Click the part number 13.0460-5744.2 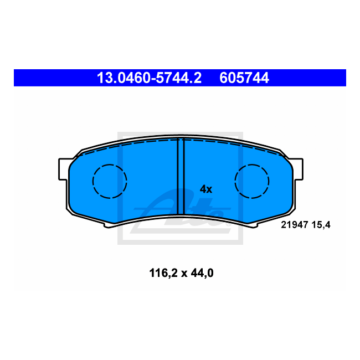point(149,78)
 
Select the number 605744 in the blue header point(244,78)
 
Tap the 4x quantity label point(205,189)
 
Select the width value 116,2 point(162,272)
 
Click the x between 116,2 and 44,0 point(183,273)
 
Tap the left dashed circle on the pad point(110,181)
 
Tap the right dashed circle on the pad point(252,181)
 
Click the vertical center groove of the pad point(180,177)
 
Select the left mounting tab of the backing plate point(63,168)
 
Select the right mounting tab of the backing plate point(297,168)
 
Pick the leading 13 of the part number point(104,78)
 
